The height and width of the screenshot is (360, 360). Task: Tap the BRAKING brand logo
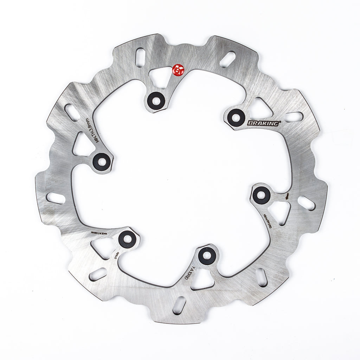click(x=264, y=123)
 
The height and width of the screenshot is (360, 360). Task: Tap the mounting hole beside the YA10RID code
click(x=206, y=256)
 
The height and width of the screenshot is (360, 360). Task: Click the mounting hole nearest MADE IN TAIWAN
click(x=127, y=240)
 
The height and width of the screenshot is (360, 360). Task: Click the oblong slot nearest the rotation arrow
click(x=306, y=203)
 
